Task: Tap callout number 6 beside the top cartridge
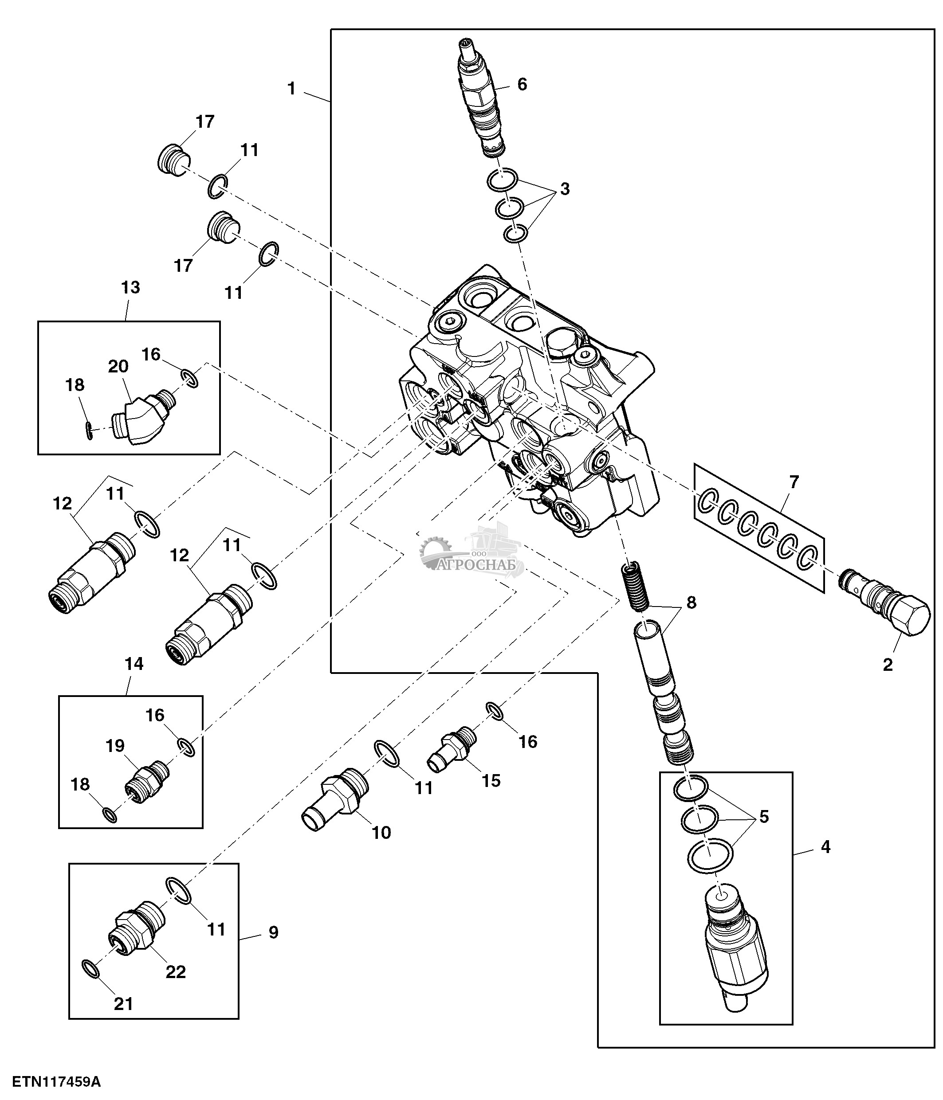(x=522, y=84)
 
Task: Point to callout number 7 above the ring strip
(x=793, y=482)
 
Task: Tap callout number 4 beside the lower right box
(x=825, y=847)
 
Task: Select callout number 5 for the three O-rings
(x=763, y=817)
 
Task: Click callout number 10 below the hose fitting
(x=381, y=833)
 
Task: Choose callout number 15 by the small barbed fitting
(x=491, y=780)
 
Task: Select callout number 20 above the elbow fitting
(x=118, y=366)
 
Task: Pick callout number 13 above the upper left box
(x=130, y=287)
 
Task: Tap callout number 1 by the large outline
(x=291, y=89)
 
